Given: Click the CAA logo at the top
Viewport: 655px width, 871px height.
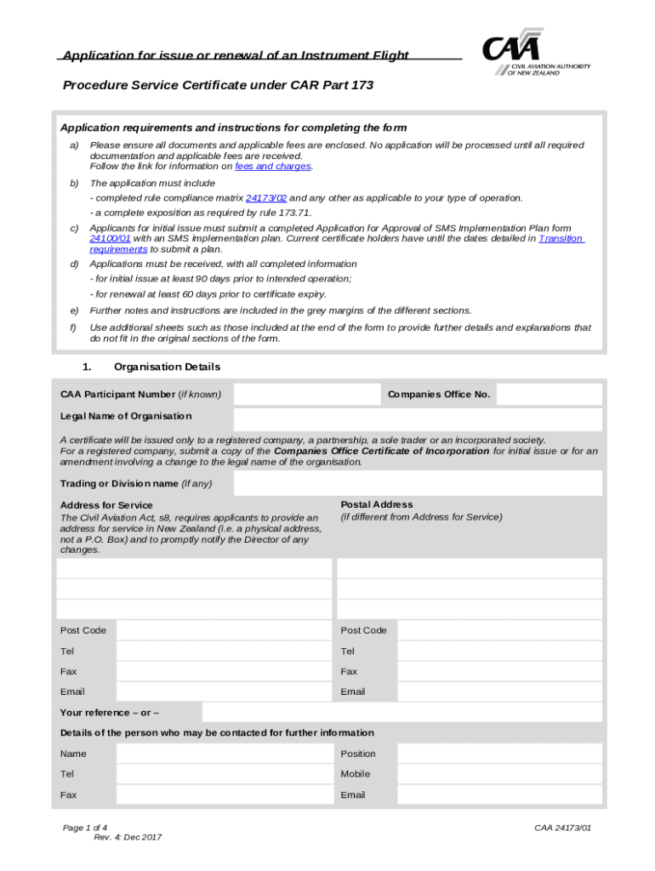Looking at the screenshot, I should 536,54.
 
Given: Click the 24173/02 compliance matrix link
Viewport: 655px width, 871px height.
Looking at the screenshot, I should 265,197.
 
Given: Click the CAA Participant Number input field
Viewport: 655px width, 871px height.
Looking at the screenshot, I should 306,395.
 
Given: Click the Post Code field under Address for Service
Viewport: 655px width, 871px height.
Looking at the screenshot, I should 224,630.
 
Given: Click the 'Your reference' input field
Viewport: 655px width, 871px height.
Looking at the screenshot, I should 402,712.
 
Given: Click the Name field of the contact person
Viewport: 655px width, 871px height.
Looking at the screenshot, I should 224,754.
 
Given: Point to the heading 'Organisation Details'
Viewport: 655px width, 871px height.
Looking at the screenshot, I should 167,367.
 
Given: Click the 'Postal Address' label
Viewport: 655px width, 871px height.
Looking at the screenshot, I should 377,504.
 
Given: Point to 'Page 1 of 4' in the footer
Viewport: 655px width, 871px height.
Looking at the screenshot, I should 85,828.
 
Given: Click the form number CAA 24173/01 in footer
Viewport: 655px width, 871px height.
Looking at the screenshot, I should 563,828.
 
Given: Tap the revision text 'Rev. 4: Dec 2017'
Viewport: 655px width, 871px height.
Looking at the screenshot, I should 128,838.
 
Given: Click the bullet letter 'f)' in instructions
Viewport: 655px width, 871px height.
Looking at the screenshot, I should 73,327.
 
